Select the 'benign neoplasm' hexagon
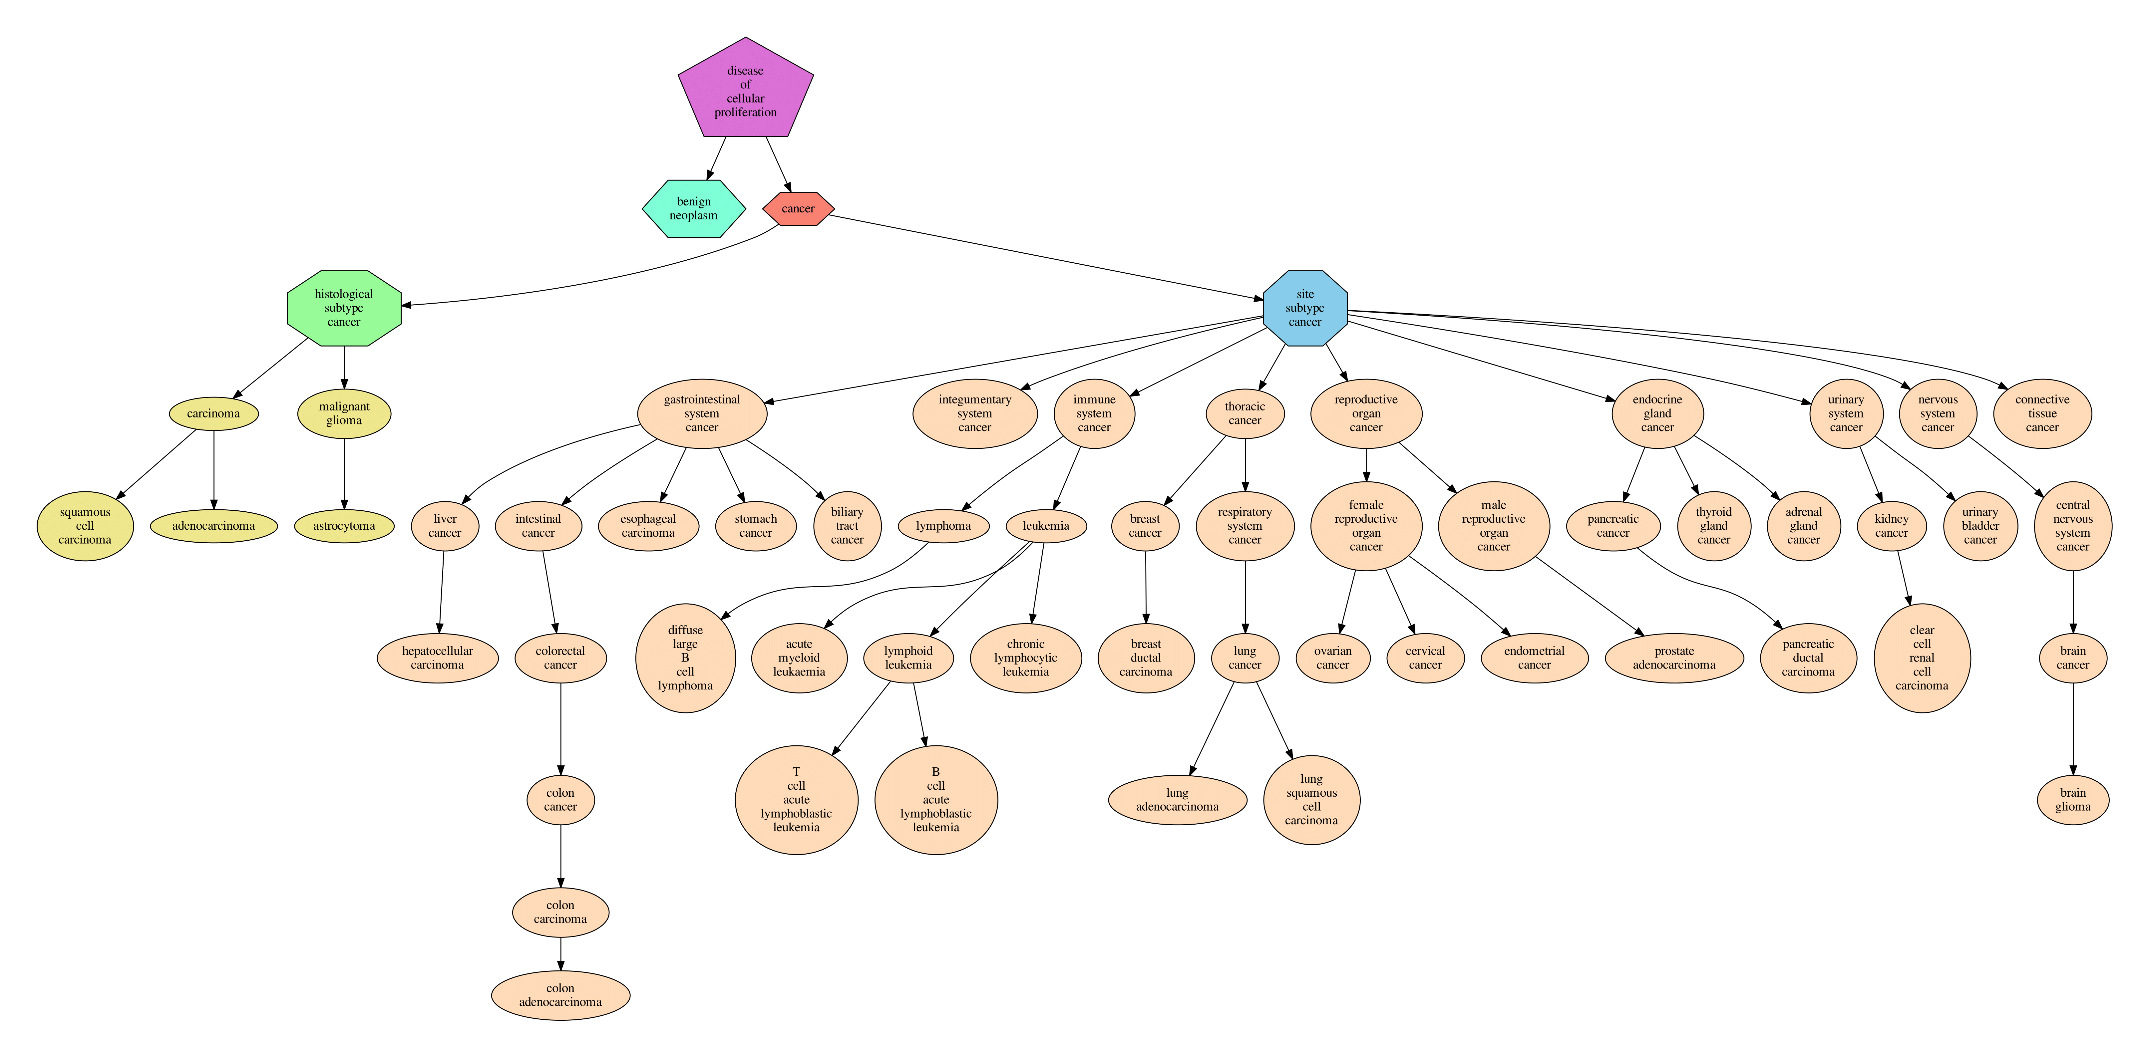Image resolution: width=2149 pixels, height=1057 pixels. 693,208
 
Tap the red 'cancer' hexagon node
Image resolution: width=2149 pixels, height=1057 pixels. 798,208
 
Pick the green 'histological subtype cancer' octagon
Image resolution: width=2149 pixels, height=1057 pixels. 344,308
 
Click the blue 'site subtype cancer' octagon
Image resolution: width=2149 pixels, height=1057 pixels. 1305,308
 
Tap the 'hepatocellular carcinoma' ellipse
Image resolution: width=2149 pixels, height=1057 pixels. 437,658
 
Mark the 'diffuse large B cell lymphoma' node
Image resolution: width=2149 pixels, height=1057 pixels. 685,658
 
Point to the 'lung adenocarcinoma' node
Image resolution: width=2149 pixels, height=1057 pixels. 1177,800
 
